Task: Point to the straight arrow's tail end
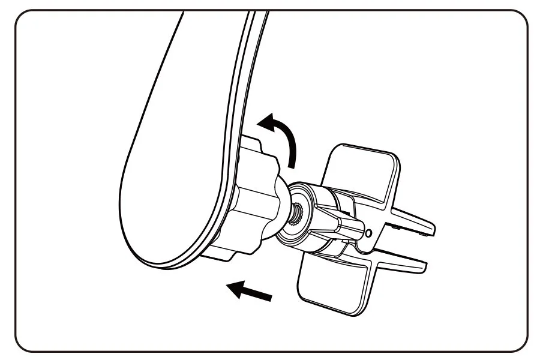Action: click(269, 296)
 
